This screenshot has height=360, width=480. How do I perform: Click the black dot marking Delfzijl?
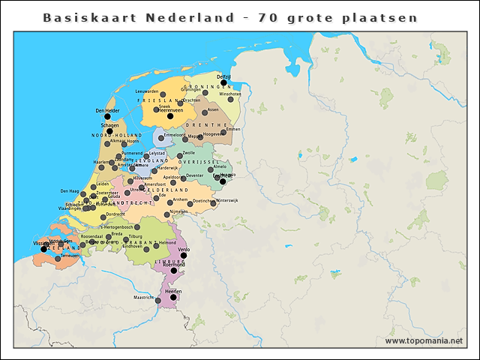[x=223, y=82]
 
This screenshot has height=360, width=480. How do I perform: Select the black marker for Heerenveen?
[x=170, y=116]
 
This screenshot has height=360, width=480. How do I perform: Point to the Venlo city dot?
[x=184, y=255]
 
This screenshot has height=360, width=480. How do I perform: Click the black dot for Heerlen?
[x=173, y=297]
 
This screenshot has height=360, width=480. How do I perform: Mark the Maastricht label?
[x=143, y=298]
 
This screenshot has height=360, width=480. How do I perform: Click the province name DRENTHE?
[x=211, y=124]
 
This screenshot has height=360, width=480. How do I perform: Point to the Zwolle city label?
[x=189, y=153]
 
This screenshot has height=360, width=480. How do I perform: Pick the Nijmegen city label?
[x=178, y=211]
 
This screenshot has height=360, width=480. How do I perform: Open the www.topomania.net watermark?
[x=424, y=340]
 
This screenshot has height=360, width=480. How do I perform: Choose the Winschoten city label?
[x=230, y=94]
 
